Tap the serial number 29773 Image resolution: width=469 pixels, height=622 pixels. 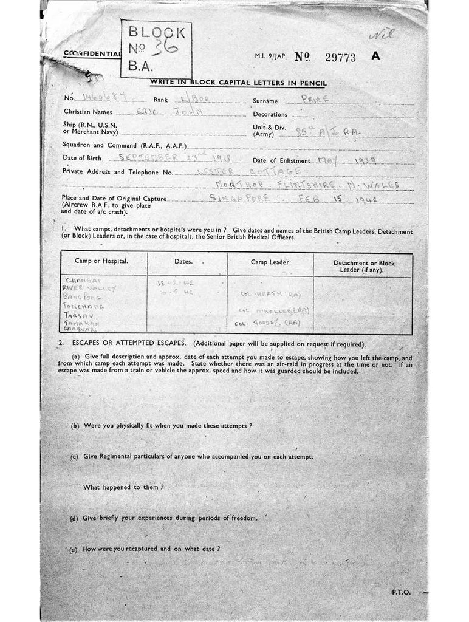tap(340, 58)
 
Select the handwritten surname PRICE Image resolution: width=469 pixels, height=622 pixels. tap(315, 100)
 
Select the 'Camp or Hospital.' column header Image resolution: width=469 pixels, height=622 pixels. tap(101, 261)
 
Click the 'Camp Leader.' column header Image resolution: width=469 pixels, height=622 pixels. tap(270, 262)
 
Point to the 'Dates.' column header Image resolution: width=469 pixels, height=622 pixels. tap(183, 262)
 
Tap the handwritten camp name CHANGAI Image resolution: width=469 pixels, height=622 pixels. tap(80, 281)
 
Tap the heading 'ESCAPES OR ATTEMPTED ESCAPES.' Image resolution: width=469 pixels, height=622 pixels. tap(125, 343)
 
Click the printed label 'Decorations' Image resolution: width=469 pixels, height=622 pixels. tap(270, 114)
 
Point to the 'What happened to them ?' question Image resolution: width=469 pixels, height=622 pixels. tap(124, 487)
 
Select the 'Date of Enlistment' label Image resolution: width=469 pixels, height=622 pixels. tap(281, 160)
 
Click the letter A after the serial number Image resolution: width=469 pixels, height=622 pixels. tap(375, 56)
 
